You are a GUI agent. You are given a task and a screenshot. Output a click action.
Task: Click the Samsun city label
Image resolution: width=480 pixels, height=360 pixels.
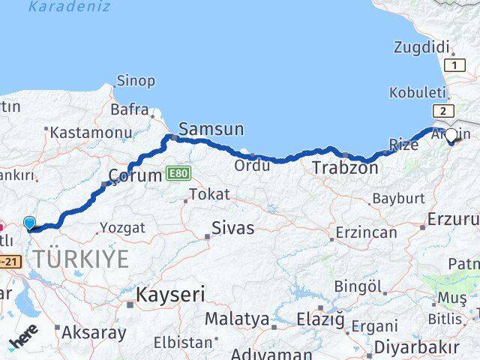point(212,129)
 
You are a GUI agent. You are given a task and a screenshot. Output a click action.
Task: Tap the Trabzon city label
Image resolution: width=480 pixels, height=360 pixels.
point(345,168)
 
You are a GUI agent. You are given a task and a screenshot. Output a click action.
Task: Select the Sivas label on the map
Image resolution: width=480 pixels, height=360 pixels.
point(232,228)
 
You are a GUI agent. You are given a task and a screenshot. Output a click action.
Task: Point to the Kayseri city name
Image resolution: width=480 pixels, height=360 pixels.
point(169,295)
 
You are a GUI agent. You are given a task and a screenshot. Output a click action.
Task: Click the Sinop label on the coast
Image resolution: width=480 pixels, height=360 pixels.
point(136,80)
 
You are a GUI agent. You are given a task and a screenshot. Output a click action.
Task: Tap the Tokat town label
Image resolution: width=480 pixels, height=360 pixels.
point(209,194)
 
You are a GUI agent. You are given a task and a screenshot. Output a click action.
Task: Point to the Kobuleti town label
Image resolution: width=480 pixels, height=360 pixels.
point(417,93)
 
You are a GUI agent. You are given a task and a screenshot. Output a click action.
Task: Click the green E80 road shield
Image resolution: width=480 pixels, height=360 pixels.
point(178,172)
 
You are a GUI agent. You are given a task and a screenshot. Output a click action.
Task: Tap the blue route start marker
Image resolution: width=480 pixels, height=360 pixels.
point(30,223)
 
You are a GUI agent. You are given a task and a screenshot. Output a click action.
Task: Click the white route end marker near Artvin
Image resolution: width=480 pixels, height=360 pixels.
point(451,136)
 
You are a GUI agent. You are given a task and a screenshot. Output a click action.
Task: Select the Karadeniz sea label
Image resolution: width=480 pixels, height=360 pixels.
point(69,7)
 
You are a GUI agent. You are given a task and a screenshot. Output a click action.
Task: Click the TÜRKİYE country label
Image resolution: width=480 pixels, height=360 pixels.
point(80,259)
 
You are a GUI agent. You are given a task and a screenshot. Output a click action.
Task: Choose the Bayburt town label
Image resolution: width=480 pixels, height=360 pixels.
point(397,199)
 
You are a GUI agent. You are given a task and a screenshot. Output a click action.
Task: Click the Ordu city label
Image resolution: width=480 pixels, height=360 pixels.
point(252,165)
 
